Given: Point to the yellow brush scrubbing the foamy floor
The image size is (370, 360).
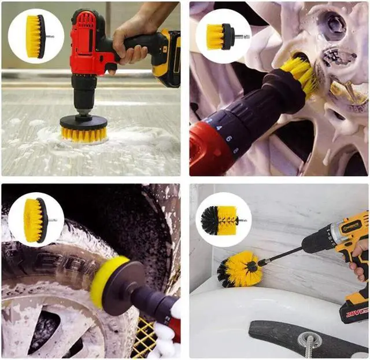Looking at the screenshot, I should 84,134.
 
